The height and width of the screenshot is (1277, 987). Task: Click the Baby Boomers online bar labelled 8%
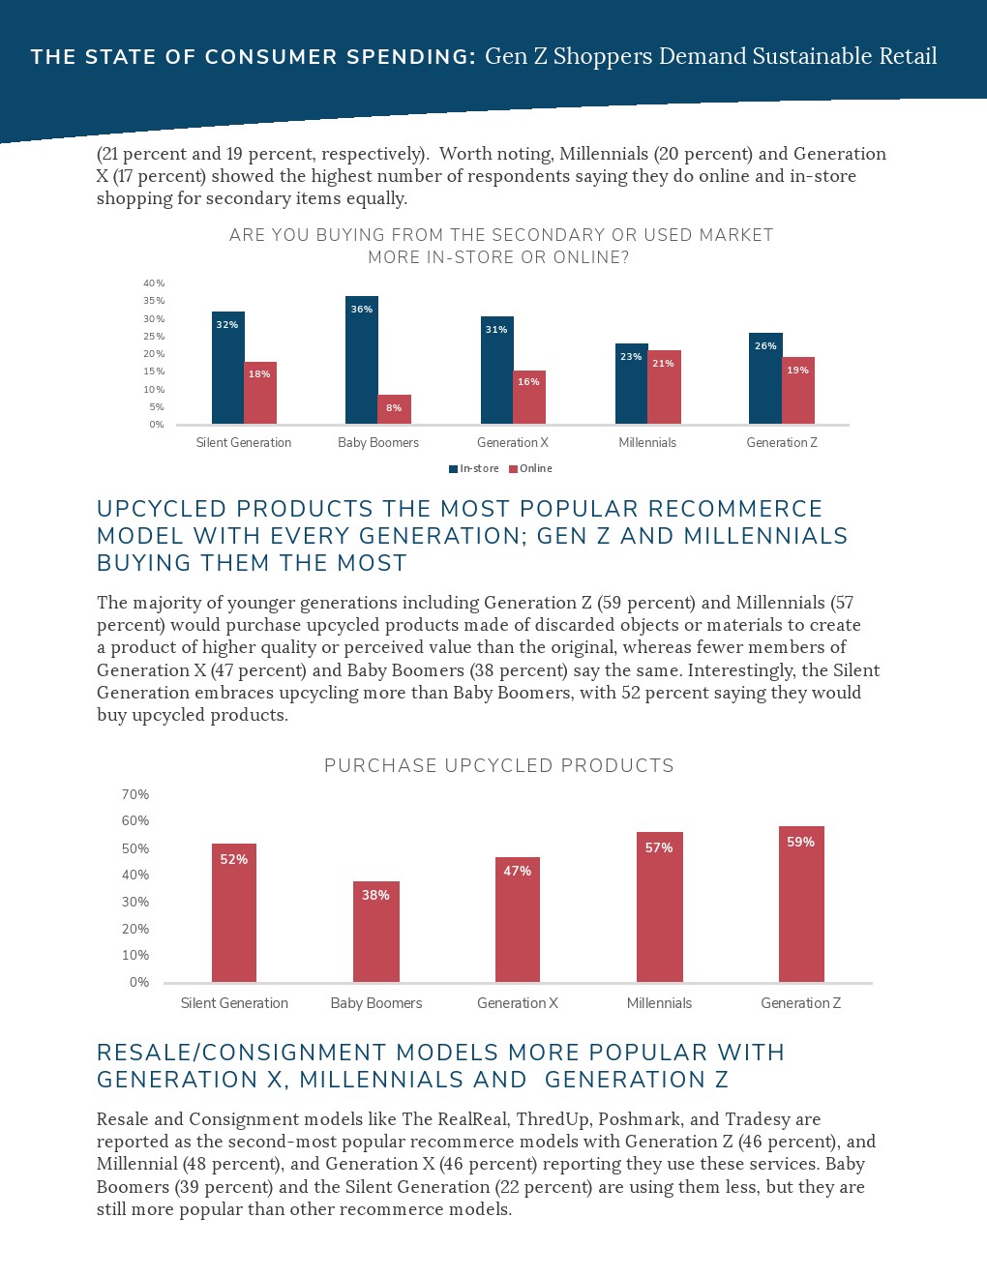coord(394,409)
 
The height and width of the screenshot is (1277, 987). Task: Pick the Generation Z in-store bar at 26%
coord(765,378)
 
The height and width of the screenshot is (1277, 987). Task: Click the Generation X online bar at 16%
coord(528,398)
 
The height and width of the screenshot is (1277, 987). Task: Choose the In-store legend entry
coord(474,469)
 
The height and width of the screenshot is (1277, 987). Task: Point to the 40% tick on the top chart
coord(154,283)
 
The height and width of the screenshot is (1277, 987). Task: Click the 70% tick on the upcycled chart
coord(135,794)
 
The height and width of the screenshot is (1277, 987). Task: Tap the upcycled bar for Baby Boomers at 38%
coord(375,932)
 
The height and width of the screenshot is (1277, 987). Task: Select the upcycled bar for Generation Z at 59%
coord(800,905)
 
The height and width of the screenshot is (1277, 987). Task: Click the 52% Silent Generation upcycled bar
coord(234,913)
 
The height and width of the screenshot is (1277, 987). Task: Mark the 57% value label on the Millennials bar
coord(659,847)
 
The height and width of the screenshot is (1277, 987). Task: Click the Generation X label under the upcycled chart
coord(517,1003)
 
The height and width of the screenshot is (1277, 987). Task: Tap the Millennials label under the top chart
coord(647,443)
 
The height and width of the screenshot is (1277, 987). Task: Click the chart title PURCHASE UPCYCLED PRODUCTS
coord(498,766)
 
